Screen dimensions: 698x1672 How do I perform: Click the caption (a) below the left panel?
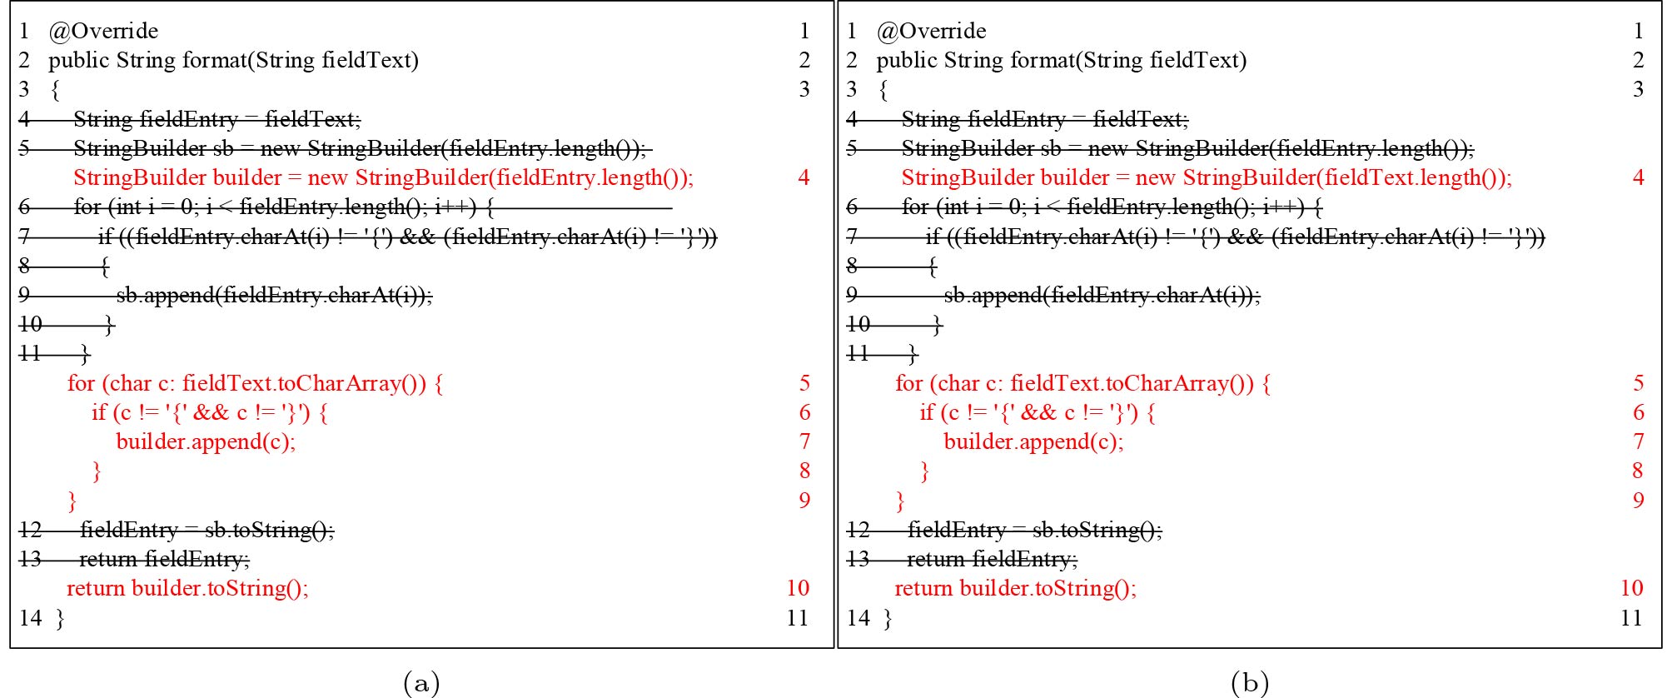pos(420,683)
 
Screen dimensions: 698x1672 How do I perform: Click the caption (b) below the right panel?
pos(1249,683)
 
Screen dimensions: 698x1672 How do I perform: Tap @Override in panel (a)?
pos(103,31)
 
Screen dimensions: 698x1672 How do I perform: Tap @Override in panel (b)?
pos(931,31)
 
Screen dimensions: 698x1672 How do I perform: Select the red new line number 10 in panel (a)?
pos(798,588)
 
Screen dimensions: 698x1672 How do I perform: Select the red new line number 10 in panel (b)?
pos(1631,588)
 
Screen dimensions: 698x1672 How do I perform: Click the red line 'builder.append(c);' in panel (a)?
pos(206,441)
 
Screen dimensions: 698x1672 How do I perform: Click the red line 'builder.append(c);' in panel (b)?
pos(1033,441)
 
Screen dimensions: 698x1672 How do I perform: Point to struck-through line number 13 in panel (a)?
pos(30,559)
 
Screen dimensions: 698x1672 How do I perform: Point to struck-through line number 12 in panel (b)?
pos(858,530)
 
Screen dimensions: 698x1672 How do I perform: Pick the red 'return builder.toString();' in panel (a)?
pos(187,588)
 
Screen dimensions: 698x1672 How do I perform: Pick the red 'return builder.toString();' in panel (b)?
pos(1015,588)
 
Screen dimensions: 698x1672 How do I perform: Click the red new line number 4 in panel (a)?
pos(804,177)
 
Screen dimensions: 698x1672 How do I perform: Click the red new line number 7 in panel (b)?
pos(1638,441)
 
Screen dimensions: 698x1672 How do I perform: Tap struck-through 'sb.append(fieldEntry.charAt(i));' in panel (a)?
pos(274,295)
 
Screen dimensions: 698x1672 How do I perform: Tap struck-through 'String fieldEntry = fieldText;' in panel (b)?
pos(1045,119)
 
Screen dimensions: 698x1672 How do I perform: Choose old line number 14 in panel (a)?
pos(30,618)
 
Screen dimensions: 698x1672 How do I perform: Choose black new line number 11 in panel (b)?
pos(1631,618)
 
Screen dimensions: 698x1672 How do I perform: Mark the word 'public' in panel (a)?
pos(78,60)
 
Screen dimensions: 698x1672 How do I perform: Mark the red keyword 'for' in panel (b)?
pos(908,383)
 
